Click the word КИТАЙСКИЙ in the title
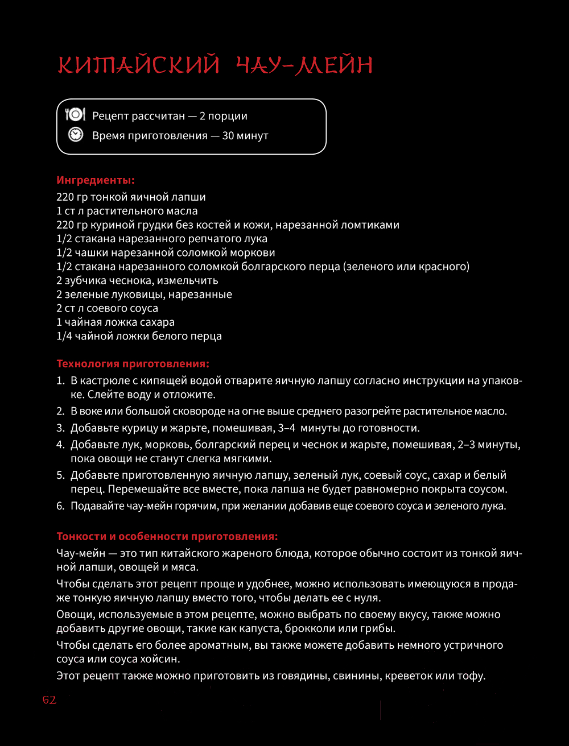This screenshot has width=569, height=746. tap(138, 65)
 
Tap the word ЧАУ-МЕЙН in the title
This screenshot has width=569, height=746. tap(304, 65)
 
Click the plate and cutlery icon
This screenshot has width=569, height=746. tap(75, 115)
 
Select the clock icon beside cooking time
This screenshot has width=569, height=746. tap(75, 135)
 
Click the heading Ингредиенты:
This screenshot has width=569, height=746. tap(96, 181)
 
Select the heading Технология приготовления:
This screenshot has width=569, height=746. tap(133, 363)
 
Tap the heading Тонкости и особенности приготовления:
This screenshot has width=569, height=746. tap(167, 536)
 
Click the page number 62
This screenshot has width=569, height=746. tap(50, 700)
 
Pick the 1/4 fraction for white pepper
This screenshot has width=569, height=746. tap(64, 336)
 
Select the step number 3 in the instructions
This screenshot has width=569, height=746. tap(60, 428)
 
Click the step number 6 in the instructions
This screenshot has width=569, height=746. tap(60, 505)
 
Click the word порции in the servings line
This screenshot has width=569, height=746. tap(228, 116)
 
